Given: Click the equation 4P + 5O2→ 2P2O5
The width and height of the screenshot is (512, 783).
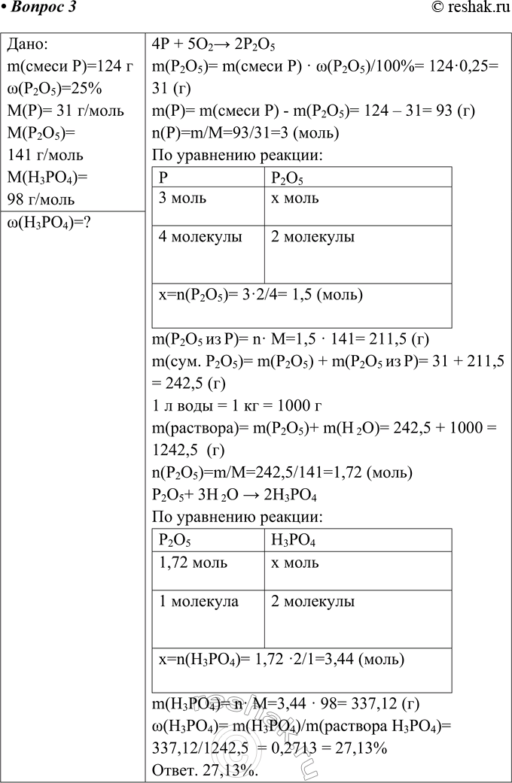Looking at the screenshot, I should [x=206, y=44].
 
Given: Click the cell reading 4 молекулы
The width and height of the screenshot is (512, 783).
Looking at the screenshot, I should [x=200, y=238].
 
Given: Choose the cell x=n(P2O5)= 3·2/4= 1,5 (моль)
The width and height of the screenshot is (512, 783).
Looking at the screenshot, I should [x=261, y=295].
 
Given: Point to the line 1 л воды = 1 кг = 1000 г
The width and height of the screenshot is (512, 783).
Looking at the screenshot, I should [x=236, y=407].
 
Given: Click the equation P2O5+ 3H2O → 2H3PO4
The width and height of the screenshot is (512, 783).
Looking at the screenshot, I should [x=233, y=496].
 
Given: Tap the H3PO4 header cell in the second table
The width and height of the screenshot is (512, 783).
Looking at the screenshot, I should [x=293, y=541].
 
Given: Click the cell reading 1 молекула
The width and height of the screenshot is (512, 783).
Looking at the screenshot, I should [x=199, y=601].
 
